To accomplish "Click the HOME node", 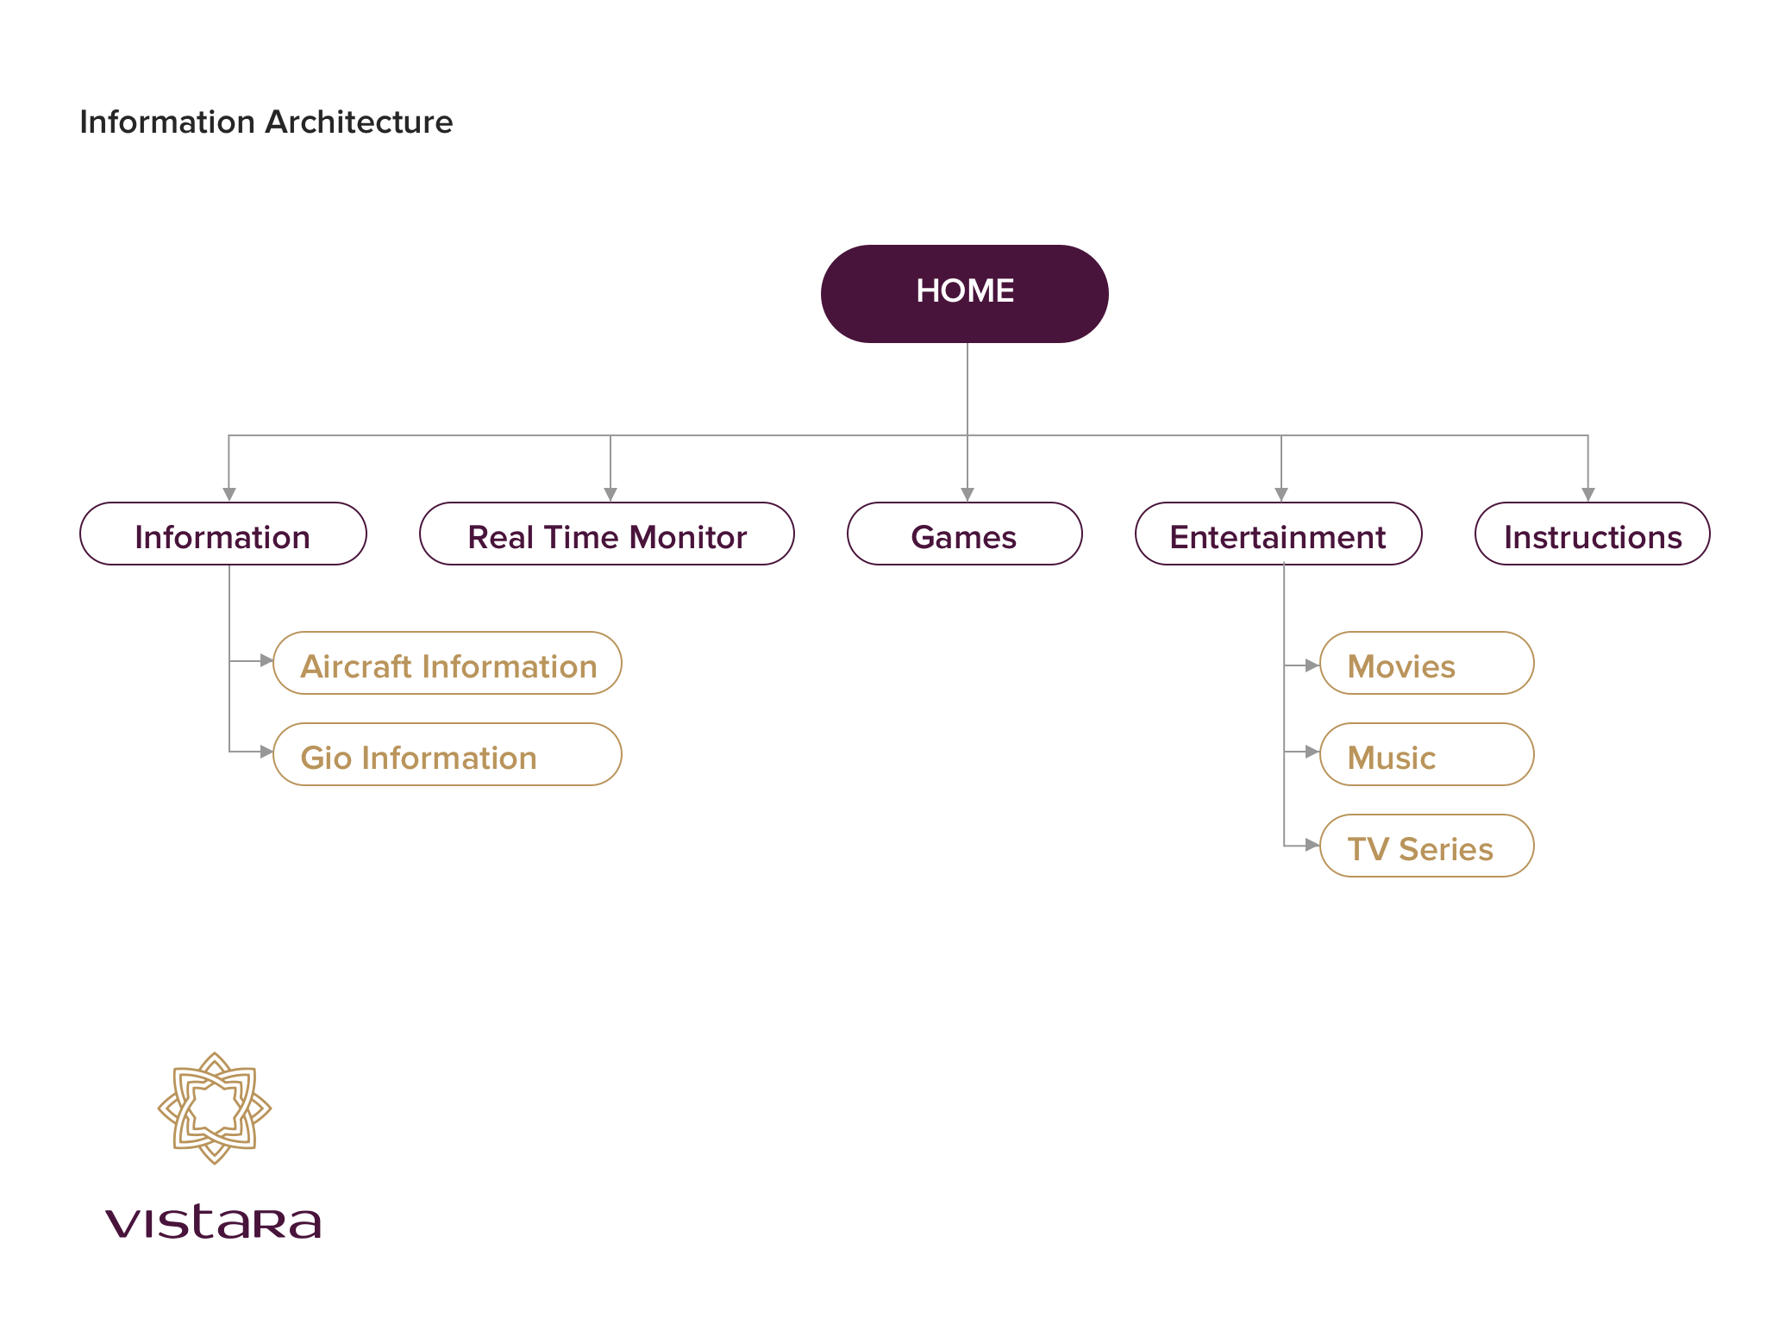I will (964, 293).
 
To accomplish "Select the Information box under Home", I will (222, 534).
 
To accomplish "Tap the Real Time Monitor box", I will (606, 534).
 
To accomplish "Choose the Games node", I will (964, 534).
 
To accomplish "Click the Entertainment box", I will (1278, 534).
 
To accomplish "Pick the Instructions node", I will (1592, 534).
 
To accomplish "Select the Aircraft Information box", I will (448, 664).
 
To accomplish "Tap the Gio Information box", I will (448, 755).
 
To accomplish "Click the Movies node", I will (1426, 664).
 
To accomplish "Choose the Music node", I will (1426, 755).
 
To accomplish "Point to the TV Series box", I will (1426, 846).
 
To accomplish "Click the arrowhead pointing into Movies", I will (1312, 665).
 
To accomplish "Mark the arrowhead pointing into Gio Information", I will (266, 752).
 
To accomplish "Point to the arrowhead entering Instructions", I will (1588, 495).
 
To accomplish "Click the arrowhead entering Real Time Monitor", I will (611, 495).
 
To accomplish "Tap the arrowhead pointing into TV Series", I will (1312, 845).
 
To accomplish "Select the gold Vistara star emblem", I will (215, 1109).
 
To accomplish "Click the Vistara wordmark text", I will (213, 1221).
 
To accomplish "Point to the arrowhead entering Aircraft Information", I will (266, 660).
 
